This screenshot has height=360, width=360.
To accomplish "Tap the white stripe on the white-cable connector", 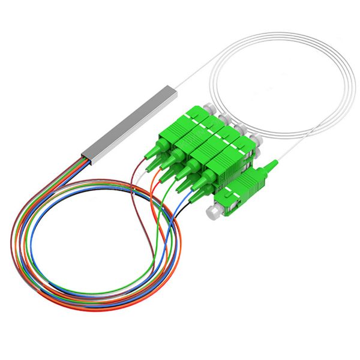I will coord(231,191).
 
